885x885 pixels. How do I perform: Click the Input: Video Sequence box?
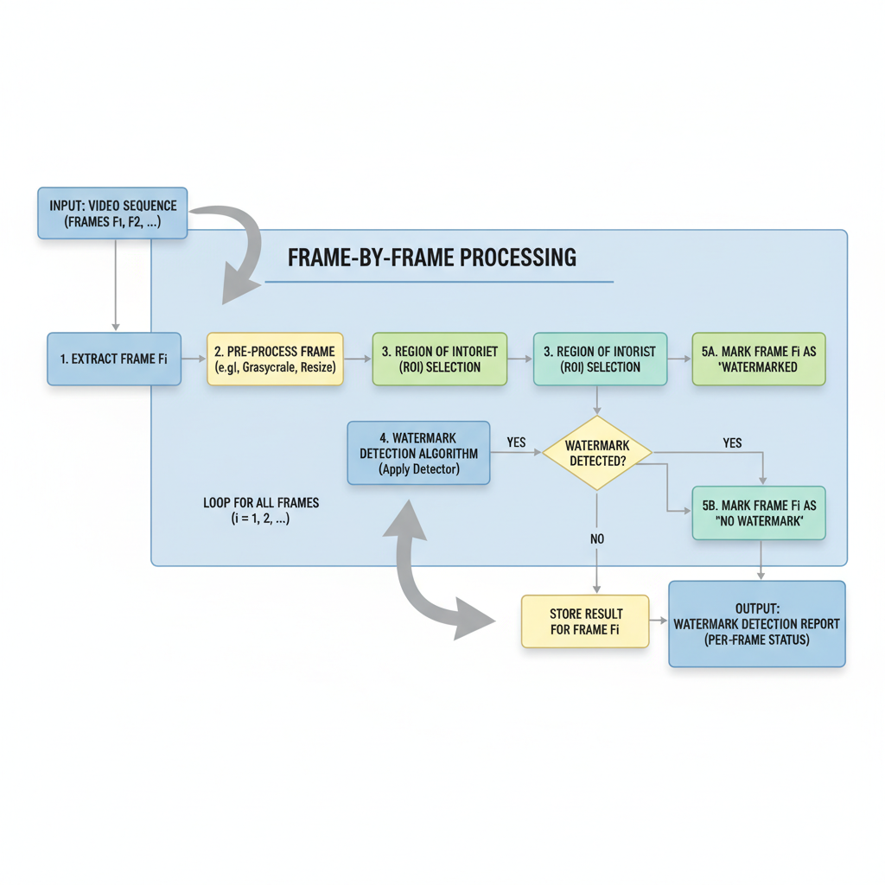[x=111, y=213]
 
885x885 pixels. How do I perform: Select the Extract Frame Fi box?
[x=113, y=359]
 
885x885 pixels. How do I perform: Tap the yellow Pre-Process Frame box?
[x=275, y=359]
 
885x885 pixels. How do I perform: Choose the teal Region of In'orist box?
[x=600, y=359]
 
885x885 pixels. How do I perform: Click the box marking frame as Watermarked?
[x=758, y=359]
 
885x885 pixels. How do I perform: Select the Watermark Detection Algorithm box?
[x=418, y=453]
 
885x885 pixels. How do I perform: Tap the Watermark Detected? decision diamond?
[x=597, y=453]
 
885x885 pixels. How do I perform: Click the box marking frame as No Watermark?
[x=758, y=513]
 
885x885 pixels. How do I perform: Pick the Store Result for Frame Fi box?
[x=584, y=621]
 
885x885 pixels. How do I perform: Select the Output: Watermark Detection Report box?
[x=756, y=623]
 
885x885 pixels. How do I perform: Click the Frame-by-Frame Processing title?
[x=431, y=257]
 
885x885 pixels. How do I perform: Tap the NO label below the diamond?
[x=597, y=538]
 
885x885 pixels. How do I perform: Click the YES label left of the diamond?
[x=516, y=442]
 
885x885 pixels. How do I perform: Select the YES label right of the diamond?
[x=731, y=442]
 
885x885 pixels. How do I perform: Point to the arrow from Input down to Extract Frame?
[x=115, y=285]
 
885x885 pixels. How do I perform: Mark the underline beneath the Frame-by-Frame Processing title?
[x=438, y=282]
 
